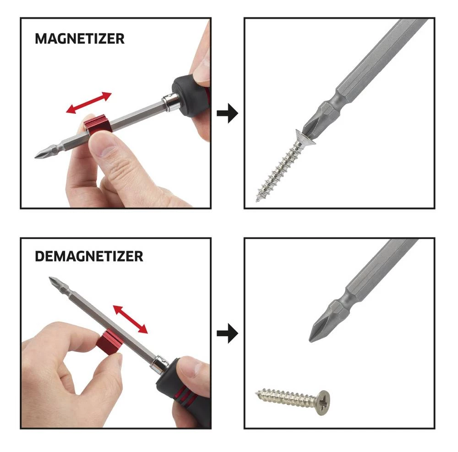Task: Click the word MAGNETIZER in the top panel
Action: [x=79, y=39]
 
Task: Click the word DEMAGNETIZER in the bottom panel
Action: [x=89, y=256]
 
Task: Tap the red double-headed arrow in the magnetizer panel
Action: [x=88, y=103]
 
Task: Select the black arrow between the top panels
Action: [x=227, y=114]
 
